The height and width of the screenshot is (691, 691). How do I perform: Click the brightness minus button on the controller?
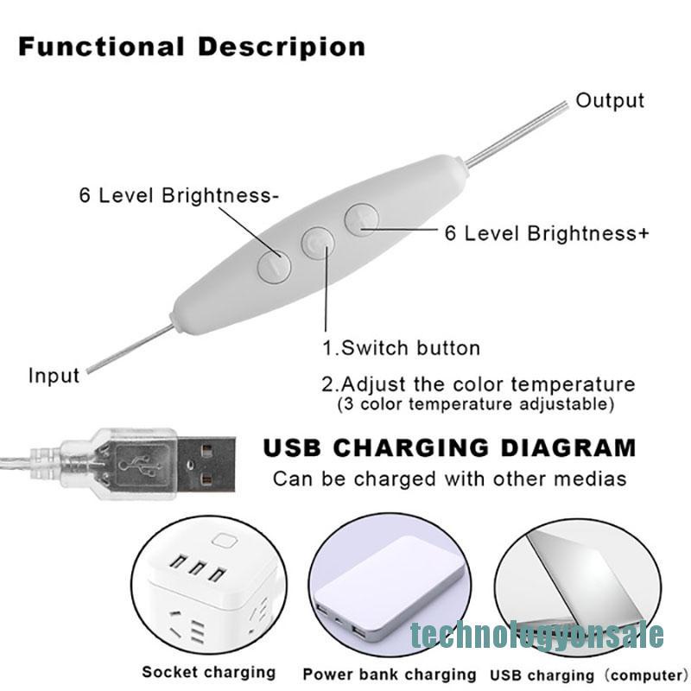pyautogui.click(x=274, y=264)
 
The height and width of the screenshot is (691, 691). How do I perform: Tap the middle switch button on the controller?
pyautogui.click(x=318, y=243)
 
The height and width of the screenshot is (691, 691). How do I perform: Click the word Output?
pyautogui.click(x=610, y=100)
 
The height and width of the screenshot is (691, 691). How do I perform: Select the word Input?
pyautogui.click(x=54, y=376)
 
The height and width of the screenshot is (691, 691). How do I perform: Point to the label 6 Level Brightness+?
pyautogui.click(x=546, y=233)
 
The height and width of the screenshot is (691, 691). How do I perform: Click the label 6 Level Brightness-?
pyautogui.click(x=179, y=195)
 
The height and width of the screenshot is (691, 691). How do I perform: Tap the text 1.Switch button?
pyautogui.click(x=401, y=348)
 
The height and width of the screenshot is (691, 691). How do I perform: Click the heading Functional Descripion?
pyautogui.click(x=192, y=47)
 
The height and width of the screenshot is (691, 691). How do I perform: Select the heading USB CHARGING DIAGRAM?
pyautogui.click(x=449, y=448)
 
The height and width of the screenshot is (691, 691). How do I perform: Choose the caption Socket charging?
pyautogui.click(x=208, y=671)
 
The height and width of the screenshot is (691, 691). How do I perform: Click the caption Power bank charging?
pyautogui.click(x=390, y=674)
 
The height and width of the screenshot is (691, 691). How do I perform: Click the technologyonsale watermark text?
pyautogui.click(x=536, y=635)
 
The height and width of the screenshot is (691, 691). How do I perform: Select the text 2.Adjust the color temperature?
pyautogui.click(x=478, y=384)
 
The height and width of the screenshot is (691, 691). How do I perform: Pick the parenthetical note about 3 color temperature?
pyautogui.click(x=475, y=404)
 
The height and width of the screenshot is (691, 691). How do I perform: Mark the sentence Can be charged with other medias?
pyautogui.click(x=449, y=478)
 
